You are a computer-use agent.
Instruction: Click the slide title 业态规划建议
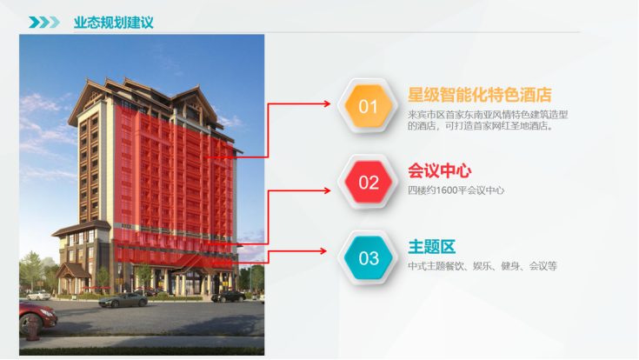coord(114,23)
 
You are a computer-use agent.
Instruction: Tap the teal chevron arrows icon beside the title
coord(44,22)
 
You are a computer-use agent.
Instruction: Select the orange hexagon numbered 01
coord(368,106)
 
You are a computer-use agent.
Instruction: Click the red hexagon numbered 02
coord(368,183)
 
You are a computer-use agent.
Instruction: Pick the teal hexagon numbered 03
coord(368,258)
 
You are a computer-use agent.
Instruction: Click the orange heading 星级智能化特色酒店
coord(480,95)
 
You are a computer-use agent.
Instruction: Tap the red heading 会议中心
coord(440,170)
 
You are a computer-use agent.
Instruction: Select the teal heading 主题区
coord(431,247)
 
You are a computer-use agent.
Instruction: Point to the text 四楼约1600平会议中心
coord(456,190)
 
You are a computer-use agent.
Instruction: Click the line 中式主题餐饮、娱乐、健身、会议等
coord(483,266)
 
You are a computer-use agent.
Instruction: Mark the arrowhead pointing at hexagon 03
coord(323,251)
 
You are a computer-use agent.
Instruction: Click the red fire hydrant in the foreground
coord(32,328)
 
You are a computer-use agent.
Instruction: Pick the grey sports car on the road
coord(123,301)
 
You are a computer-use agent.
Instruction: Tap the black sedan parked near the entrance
coord(228,297)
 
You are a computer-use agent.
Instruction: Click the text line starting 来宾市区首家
coord(488,115)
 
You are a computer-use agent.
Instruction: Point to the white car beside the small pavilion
coord(38,296)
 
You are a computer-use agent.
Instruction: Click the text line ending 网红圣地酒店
coord(482,126)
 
